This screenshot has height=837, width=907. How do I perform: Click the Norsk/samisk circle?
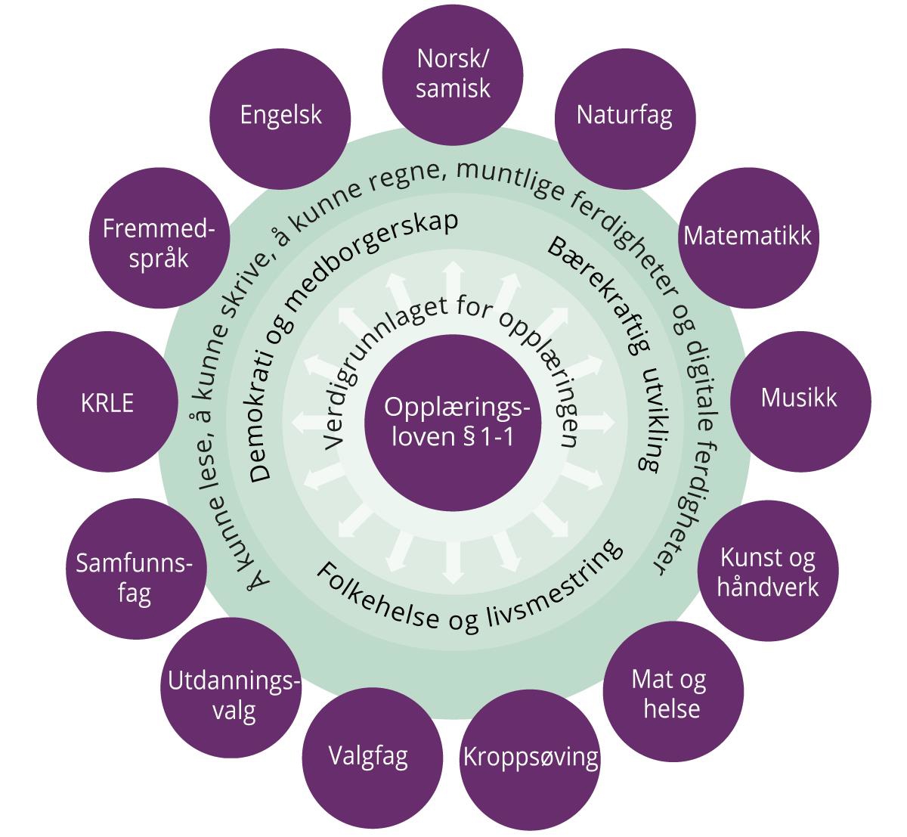click(x=453, y=74)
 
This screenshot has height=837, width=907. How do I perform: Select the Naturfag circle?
click(x=624, y=116)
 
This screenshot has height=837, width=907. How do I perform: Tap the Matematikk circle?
click(x=747, y=236)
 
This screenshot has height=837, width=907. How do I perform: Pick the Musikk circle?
click(x=799, y=398)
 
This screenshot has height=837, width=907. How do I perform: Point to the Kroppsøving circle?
click(x=531, y=757)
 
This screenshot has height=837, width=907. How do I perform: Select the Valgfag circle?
click(x=369, y=755)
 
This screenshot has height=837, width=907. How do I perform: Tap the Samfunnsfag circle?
click(x=135, y=576)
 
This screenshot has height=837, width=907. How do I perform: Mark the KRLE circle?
click(x=107, y=402)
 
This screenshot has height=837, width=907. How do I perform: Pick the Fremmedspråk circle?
click(x=157, y=242)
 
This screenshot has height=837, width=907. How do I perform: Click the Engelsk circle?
click(x=280, y=116)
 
